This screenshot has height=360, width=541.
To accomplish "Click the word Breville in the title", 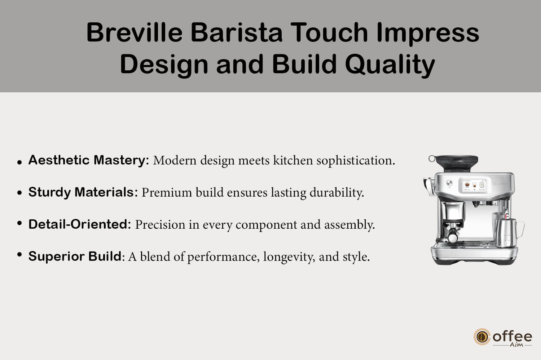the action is tap(134, 32).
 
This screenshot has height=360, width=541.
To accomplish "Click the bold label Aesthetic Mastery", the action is tap(89, 160).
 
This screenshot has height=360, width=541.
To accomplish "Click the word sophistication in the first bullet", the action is tap(356, 161).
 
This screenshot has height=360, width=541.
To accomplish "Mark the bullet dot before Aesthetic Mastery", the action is tap(19, 162).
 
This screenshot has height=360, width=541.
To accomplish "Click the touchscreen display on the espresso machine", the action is tap(474, 186).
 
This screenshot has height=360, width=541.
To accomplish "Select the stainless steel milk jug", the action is tap(509, 233).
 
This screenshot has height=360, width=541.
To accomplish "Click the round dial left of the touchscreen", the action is tap(449, 183).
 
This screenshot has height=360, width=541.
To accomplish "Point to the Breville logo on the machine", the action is tap(500, 184).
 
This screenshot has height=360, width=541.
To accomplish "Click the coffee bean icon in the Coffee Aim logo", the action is tap(482, 337).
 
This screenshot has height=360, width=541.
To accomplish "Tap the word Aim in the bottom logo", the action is tap(516, 345).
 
